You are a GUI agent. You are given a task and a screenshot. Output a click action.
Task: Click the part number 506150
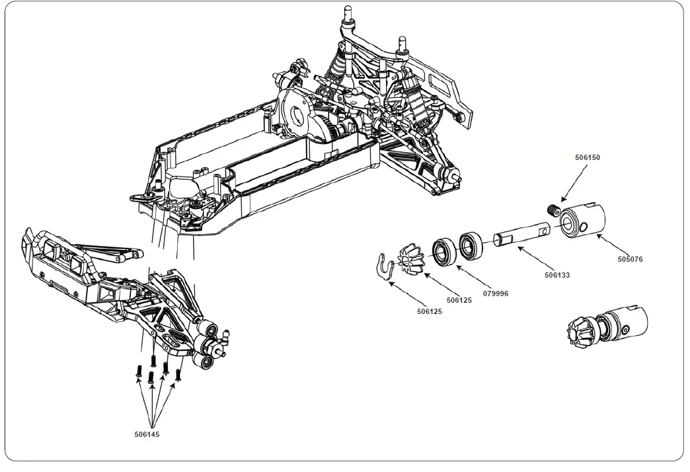pos(588,158)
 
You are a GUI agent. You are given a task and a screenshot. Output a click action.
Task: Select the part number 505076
pos(630,260)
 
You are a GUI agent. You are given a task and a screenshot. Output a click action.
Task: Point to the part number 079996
pos(496,293)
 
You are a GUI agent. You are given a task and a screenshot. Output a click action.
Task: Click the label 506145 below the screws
pos(146,434)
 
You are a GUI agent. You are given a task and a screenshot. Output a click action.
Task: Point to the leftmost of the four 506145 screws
pos(139,372)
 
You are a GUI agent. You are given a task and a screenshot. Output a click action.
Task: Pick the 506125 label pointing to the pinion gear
pos(460,300)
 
